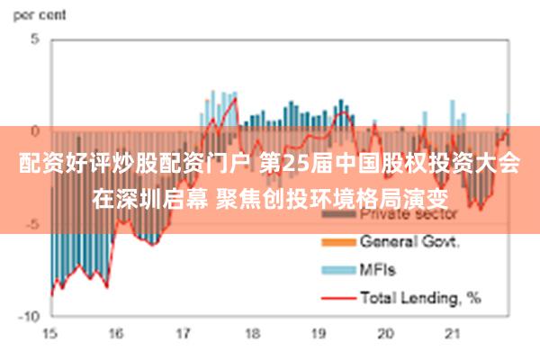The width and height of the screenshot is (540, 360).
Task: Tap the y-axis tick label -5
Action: point(31,223)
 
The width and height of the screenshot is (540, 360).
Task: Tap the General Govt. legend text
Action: point(410,241)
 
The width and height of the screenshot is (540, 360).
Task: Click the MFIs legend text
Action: point(378,268)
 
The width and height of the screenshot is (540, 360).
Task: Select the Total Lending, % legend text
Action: point(420,295)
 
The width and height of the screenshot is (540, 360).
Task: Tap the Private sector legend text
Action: point(409,215)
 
